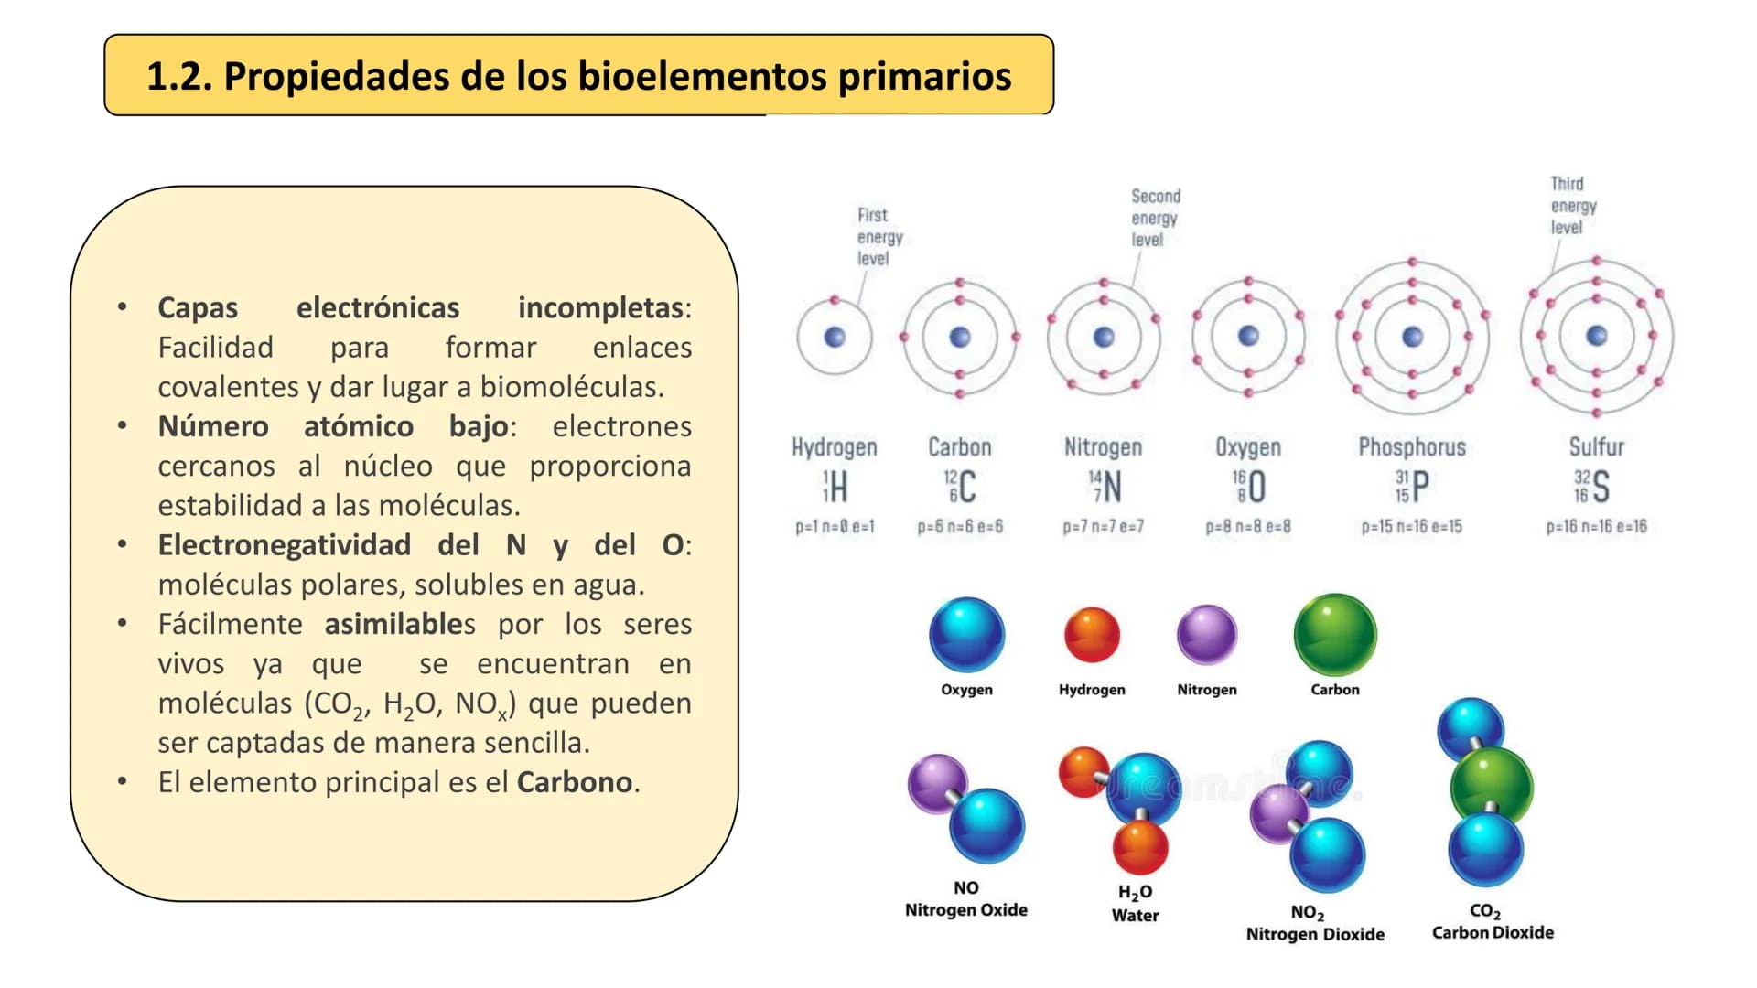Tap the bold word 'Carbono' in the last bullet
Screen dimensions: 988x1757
pos(574,782)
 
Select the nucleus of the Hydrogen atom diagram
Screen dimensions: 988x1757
pos(835,338)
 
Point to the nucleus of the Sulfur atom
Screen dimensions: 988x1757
pos(1596,336)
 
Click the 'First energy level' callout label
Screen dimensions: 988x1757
pos(878,237)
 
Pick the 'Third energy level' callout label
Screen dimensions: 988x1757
pos(1571,206)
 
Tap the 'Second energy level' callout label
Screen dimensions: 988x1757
pos(1154,218)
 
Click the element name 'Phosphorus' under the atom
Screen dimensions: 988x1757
pos(1411,447)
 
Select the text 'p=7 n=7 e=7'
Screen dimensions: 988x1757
pos(1103,527)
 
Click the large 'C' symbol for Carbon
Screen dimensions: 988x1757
pos(967,487)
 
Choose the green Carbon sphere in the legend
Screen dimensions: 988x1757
pos(1334,634)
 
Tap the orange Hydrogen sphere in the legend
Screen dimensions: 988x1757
pos(1092,634)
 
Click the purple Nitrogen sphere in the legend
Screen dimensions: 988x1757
pos(1206,634)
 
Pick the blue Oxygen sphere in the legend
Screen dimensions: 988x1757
pos(966,634)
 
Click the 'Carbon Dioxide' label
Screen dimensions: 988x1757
pos(1493,932)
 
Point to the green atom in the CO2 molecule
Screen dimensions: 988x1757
pos(1491,785)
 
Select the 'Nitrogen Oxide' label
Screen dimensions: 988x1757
pos(965,910)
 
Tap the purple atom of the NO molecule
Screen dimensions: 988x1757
pos(936,783)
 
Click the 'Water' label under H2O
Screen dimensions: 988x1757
pos(1135,916)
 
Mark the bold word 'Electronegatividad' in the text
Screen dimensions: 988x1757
pos(284,545)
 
